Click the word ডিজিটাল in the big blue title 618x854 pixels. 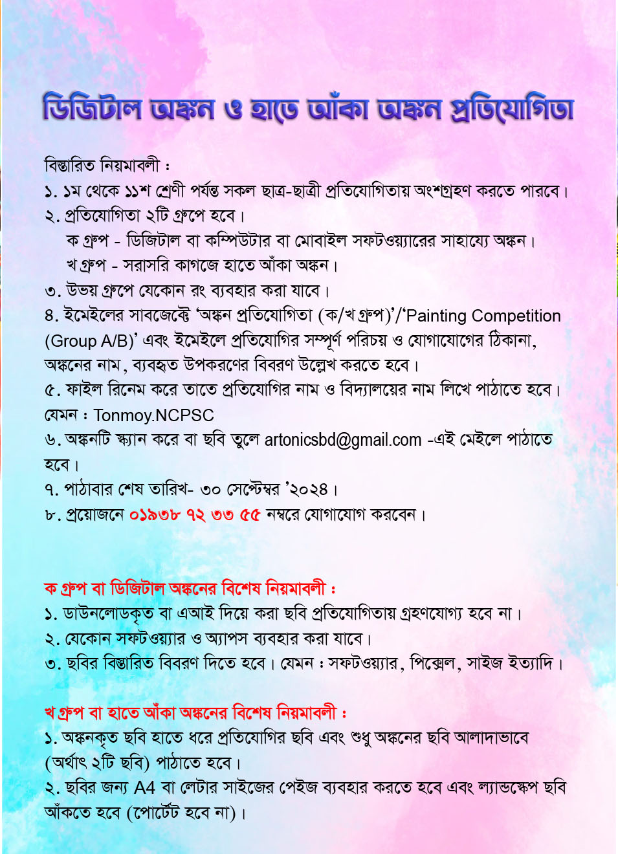point(92,109)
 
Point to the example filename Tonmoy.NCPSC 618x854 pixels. point(153,415)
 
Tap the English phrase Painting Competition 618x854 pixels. point(483,316)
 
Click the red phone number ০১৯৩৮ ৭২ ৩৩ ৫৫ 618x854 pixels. point(195,515)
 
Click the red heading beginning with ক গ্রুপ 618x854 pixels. point(189,589)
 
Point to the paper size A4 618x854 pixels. point(145,788)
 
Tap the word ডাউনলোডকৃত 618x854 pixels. point(108,613)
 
